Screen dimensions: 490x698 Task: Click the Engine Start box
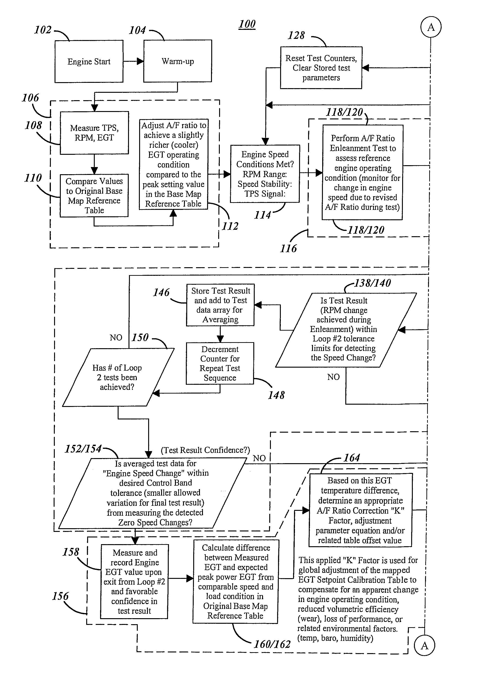point(89,61)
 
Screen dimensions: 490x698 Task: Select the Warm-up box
point(178,61)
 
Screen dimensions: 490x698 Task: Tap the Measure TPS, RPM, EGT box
point(95,133)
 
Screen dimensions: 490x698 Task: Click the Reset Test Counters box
point(321,68)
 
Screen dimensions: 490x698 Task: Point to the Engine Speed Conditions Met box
point(265,174)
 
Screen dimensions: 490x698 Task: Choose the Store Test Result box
point(220,305)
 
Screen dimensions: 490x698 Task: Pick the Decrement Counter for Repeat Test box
point(220,363)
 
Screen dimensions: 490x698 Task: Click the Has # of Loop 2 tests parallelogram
point(118,377)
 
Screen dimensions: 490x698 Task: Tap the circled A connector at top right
point(431,27)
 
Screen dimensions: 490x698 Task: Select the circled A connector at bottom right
point(424,645)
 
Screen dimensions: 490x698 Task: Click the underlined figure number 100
point(247,24)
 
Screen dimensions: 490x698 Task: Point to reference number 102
point(43,30)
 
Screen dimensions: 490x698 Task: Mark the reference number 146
point(161,292)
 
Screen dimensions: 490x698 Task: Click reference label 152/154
point(83,449)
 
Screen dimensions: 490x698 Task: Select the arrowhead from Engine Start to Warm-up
point(140,61)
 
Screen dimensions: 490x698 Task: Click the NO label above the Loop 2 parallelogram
point(116,338)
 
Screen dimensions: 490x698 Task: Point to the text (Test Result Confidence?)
point(205,450)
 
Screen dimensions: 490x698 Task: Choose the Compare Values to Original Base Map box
point(94,195)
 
